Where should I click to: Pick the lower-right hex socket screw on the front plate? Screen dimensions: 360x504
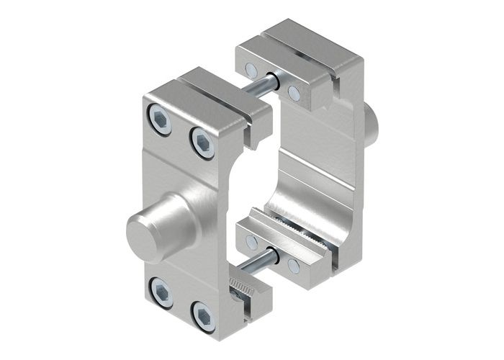(203, 318)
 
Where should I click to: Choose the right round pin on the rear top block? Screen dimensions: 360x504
(293, 91)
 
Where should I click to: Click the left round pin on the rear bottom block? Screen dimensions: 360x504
(251, 242)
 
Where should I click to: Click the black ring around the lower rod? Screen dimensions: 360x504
(273, 253)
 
